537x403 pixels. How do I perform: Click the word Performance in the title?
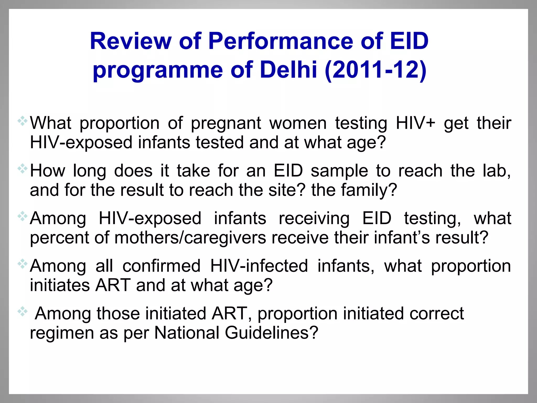tap(280, 41)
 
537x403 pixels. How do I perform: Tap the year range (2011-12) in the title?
tap(375, 70)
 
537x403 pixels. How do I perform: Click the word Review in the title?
tap(131, 41)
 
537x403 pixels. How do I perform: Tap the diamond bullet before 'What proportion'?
tap(23, 121)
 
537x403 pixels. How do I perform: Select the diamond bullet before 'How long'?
tap(23, 169)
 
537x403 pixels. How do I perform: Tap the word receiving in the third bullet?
tap(314, 219)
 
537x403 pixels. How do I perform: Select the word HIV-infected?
tap(259, 266)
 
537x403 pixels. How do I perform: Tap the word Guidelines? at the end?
tap(271, 333)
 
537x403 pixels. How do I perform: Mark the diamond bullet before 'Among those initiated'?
tap(23, 311)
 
